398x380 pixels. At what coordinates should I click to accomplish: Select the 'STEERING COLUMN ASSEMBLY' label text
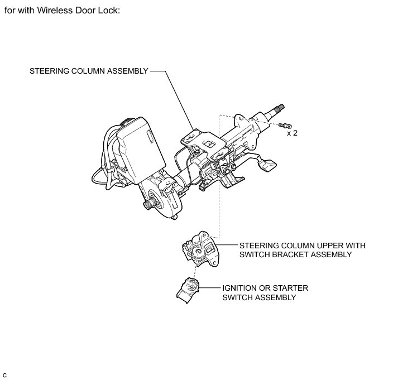pos(89,71)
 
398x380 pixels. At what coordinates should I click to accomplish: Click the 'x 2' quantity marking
pos(292,133)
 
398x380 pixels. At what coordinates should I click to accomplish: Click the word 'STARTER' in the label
pos(288,288)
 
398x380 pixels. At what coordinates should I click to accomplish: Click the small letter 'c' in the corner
pos(4,373)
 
